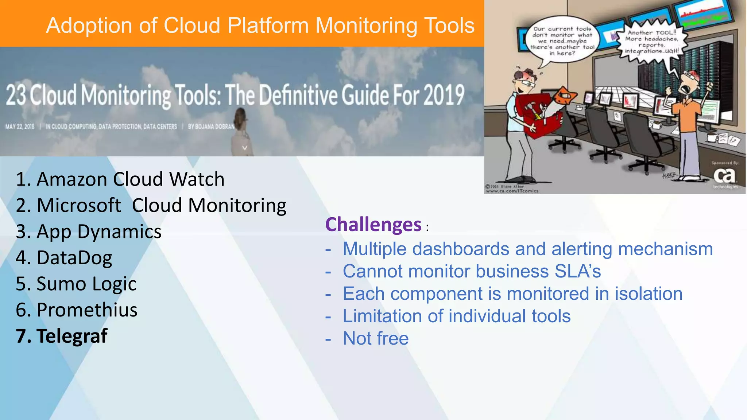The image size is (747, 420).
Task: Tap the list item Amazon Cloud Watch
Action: [x=120, y=179]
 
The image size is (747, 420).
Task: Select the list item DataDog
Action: [x=64, y=258]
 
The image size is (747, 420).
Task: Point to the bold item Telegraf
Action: [x=62, y=336]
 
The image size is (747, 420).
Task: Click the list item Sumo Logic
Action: [x=76, y=284]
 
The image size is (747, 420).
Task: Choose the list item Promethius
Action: [x=77, y=310]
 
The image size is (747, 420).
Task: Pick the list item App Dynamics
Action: [x=89, y=232]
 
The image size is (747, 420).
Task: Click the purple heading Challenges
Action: [x=373, y=225]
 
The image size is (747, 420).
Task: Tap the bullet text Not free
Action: [x=376, y=338]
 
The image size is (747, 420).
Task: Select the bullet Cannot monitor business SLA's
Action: [x=472, y=272]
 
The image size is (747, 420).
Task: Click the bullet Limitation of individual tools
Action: [x=456, y=316]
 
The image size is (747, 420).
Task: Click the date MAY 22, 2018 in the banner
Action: [x=20, y=127]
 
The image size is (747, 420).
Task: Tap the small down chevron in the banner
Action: [x=245, y=148]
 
